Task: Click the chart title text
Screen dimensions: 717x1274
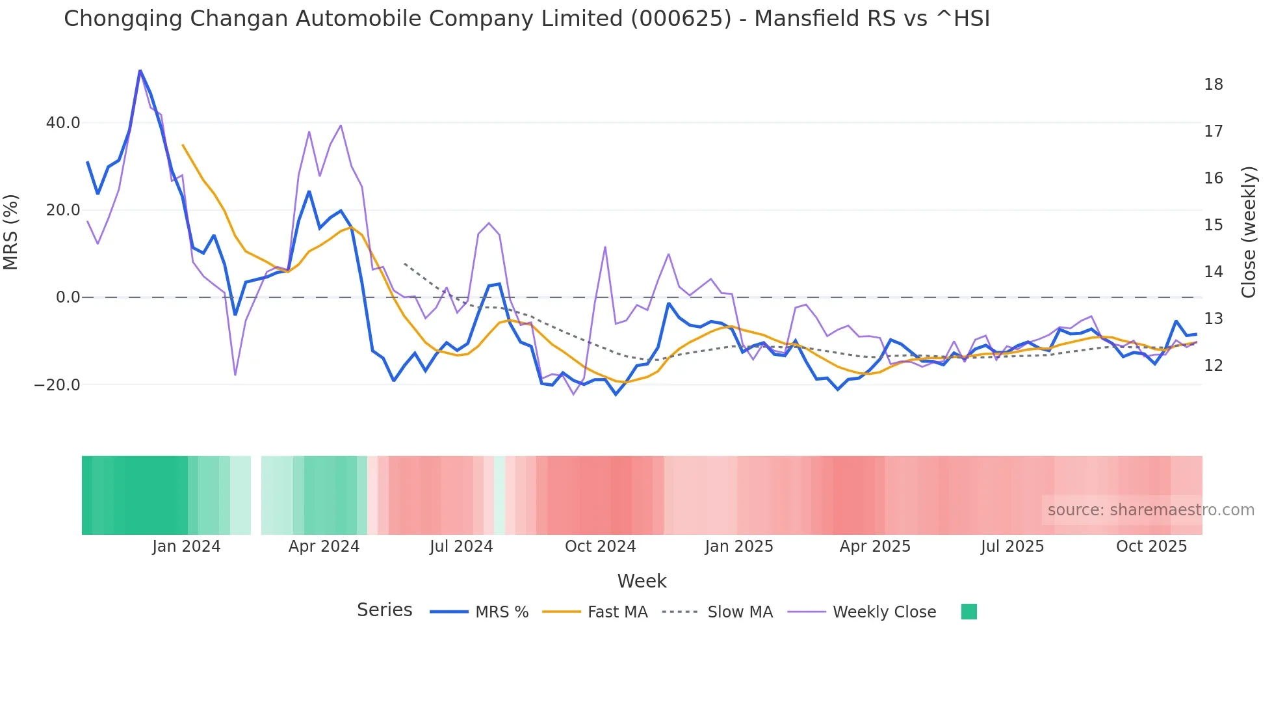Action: [526, 19]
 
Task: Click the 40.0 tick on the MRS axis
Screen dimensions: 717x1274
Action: [63, 123]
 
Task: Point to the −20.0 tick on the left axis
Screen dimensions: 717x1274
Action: [57, 385]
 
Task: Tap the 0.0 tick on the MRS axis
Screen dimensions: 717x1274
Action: [68, 297]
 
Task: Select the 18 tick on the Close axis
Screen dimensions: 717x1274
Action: [1213, 85]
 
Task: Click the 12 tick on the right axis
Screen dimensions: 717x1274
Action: [1213, 366]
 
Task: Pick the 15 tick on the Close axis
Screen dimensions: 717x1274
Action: [1213, 225]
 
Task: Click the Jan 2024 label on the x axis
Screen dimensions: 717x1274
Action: [187, 547]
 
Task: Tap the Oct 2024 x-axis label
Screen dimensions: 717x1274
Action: [600, 547]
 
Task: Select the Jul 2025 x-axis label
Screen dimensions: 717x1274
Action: [1012, 547]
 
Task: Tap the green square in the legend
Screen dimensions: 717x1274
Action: [968, 612]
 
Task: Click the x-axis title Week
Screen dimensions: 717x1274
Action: [642, 581]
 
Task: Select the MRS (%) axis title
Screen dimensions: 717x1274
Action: [11, 232]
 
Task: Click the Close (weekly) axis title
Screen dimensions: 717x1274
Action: [1248, 232]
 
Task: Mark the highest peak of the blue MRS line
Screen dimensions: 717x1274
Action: [140, 70]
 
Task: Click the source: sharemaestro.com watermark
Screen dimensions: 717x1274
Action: [1150, 510]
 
